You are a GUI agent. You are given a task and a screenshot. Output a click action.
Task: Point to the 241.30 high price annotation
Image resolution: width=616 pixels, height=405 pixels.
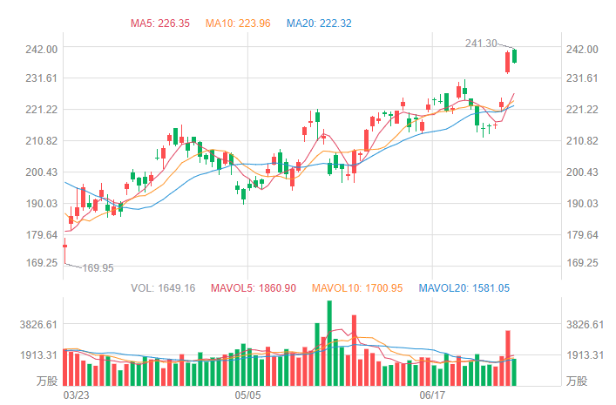[481, 44]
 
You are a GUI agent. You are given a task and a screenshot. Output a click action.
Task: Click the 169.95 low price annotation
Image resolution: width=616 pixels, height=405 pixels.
[98, 268]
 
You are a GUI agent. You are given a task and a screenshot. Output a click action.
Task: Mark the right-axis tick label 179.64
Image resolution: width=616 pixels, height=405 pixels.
[581, 235]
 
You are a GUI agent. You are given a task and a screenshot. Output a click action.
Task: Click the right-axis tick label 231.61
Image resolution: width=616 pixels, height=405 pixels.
[581, 78]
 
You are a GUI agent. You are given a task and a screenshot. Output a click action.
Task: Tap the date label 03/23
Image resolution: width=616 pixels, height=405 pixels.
[78, 395]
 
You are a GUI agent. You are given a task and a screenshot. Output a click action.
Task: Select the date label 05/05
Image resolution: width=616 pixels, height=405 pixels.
[248, 395]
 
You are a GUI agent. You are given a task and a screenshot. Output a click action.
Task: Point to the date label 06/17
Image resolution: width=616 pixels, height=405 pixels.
[433, 395]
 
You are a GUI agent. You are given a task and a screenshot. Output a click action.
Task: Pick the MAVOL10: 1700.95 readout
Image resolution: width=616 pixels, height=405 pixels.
[356, 287]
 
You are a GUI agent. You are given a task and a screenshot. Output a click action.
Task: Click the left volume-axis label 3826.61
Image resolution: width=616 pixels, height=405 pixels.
[38, 325]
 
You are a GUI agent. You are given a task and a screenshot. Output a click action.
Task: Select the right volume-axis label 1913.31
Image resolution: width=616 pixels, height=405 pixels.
[585, 355]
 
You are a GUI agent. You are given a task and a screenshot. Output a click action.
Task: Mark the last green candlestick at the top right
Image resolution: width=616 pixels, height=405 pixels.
[515, 56]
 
